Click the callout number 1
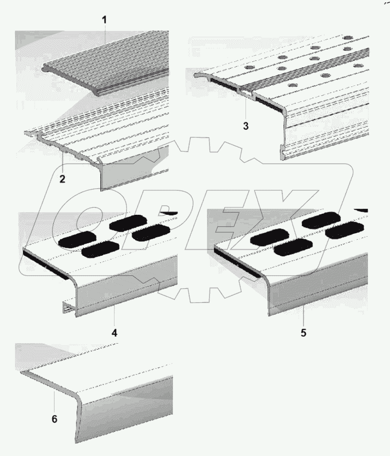tap(105, 21)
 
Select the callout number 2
tap(62, 179)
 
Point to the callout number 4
tap(114, 332)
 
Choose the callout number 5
tap(303, 332)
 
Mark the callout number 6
tap(54, 419)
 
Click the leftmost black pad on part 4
tap(77, 241)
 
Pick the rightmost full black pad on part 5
tap(344, 232)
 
